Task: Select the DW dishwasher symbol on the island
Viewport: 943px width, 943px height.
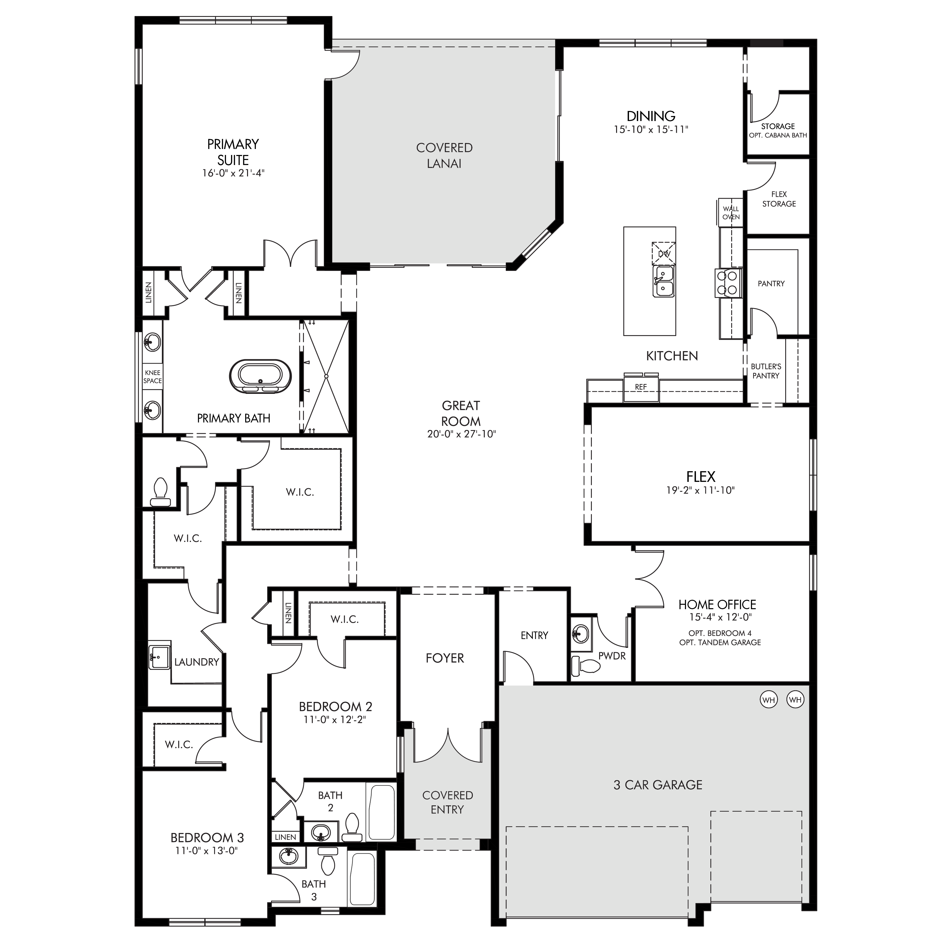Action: point(664,254)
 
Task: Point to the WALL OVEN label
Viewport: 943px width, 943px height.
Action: point(731,213)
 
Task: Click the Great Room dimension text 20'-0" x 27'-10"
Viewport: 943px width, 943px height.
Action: point(461,434)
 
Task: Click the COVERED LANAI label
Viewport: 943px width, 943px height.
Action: point(444,156)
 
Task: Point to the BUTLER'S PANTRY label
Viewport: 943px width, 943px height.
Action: point(766,371)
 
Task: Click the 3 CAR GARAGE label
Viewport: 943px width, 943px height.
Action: point(658,785)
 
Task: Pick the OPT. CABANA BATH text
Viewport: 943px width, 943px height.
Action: point(778,135)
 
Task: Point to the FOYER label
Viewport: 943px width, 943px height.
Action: point(445,658)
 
